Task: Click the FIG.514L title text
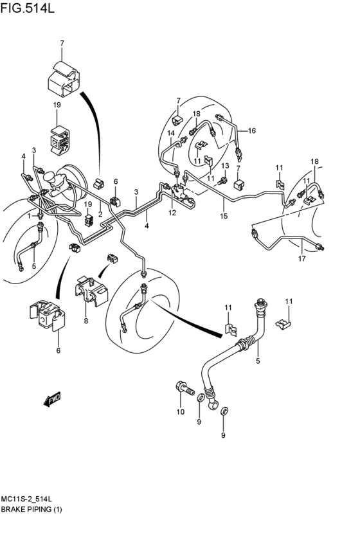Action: point(28,8)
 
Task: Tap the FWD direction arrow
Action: point(52,399)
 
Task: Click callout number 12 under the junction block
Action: point(172,213)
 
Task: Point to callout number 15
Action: point(224,216)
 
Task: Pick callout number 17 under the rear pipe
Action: point(301,258)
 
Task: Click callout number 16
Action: point(252,130)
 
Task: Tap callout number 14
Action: point(171,133)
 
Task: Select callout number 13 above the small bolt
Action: point(225,165)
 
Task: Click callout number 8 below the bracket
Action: point(86,321)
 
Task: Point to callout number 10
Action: point(180,412)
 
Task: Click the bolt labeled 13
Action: point(222,181)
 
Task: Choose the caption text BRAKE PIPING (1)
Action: point(32,509)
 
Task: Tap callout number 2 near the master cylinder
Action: point(100,214)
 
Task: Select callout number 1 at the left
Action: point(30,216)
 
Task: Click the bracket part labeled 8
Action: point(91,291)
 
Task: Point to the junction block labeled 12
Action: point(181,195)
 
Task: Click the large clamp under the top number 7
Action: point(63,79)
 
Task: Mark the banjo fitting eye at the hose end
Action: point(212,404)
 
